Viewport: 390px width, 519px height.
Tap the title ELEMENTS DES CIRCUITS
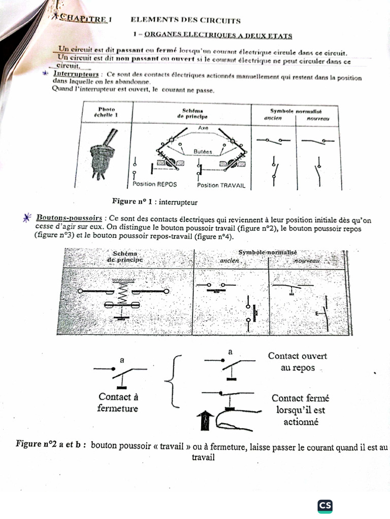185,20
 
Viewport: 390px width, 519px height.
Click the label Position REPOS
151,184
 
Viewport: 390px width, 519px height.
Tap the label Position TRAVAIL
221,186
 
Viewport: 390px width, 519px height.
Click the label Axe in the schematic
203,128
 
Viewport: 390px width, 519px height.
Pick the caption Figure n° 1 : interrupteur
154,202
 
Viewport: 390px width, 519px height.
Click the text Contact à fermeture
118,402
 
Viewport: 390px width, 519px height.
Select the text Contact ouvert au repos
298,361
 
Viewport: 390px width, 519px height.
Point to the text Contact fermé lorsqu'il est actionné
298,410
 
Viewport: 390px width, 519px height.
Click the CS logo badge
325,505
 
